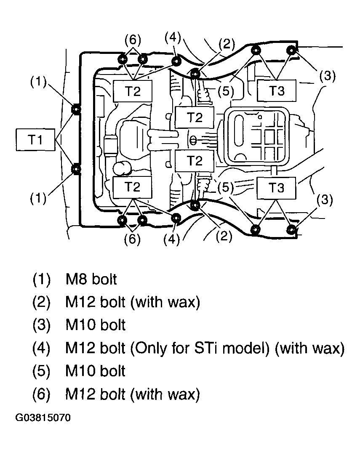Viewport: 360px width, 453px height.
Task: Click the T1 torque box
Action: pos(35,140)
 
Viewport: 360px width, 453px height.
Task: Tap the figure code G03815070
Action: pos(43,418)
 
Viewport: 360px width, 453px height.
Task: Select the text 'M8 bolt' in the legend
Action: pos(91,280)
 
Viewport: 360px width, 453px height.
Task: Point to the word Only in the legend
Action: pos(149,349)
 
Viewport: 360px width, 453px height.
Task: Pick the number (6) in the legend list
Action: pos(41,394)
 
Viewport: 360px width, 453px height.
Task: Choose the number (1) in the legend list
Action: pos(41,280)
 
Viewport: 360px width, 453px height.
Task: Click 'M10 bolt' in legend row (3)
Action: pos(95,325)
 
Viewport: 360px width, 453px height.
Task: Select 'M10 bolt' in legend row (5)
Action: pos(95,371)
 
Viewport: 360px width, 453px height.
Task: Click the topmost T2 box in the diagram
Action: pos(133,91)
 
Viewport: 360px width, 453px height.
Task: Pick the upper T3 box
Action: pos(277,91)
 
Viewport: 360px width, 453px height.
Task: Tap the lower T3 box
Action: pos(277,188)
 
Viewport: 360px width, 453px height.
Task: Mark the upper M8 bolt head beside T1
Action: pos(76,109)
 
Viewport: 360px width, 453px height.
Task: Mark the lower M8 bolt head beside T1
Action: pos(76,169)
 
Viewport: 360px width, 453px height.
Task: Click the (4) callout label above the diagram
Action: pos(173,38)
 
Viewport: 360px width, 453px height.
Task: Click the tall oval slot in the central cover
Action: pos(239,131)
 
